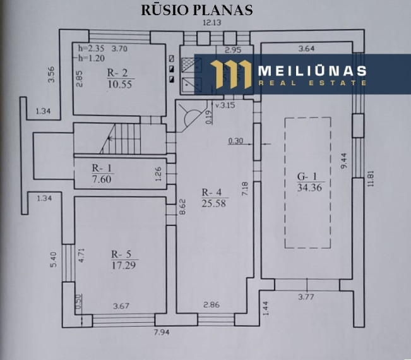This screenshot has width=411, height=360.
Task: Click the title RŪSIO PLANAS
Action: click(196, 10)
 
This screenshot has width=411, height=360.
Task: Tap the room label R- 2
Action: click(117, 73)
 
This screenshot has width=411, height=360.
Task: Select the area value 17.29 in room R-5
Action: click(124, 265)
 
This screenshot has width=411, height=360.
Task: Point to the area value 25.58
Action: click(213, 203)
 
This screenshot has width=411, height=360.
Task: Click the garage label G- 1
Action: click(307, 176)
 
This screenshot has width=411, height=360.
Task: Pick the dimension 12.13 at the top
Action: click(211, 23)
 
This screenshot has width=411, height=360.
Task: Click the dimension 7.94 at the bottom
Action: click(162, 332)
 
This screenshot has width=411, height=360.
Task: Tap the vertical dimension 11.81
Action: click(370, 179)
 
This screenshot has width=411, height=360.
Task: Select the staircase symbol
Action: click(121, 139)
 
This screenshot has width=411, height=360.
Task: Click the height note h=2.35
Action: click(91, 49)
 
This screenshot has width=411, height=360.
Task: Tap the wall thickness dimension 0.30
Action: click(235, 141)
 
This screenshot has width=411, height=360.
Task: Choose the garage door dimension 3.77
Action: click(306, 297)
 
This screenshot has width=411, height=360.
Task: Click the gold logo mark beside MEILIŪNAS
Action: click(230, 74)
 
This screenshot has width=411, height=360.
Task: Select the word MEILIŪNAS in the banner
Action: click(312, 71)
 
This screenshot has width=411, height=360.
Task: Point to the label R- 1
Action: click(102, 168)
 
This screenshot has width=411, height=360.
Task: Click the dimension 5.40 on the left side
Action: click(53, 260)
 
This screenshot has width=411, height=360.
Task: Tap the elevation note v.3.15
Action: click(225, 105)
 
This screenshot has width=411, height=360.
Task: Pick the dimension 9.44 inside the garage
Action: click(344, 160)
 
